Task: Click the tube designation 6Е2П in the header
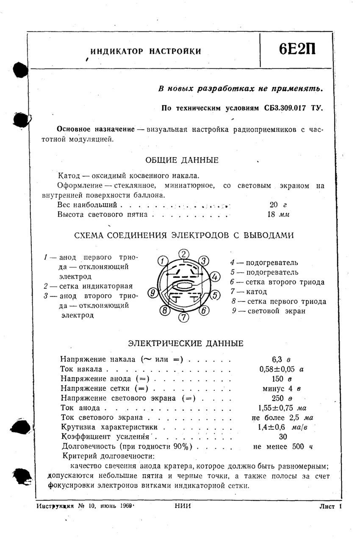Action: click(x=297, y=50)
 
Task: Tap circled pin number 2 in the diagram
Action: click(x=183, y=254)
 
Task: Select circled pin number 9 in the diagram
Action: click(x=152, y=292)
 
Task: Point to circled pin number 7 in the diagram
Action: click(x=183, y=316)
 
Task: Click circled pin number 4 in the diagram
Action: click(x=215, y=277)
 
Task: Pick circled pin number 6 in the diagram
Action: click(x=204, y=310)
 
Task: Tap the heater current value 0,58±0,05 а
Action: click(x=281, y=369)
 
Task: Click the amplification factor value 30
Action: click(x=282, y=437)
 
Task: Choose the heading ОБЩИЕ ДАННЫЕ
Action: click(x=182, y=160)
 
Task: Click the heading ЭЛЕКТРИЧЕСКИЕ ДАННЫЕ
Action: click(x=186, y=343)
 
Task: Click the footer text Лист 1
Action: click(x=330, y=506)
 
